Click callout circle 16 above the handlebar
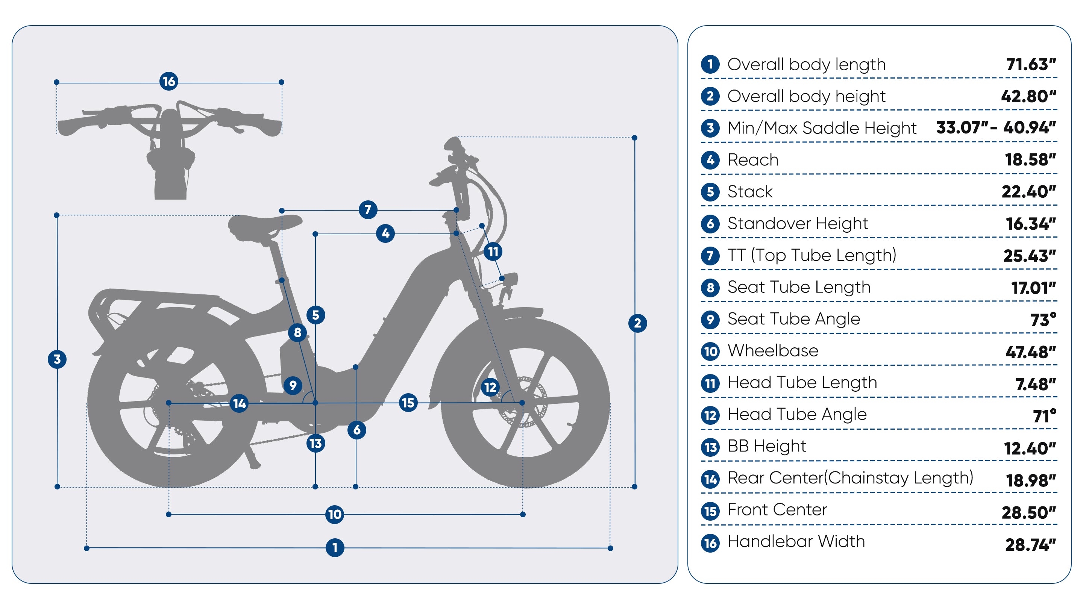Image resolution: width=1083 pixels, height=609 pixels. tap(168, 82)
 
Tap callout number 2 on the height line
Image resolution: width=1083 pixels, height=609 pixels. tap(637, 323)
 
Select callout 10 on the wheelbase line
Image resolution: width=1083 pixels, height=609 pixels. tap(335, 514)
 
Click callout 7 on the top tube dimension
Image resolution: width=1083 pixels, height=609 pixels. tap(368, 209)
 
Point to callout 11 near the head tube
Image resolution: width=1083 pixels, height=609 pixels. tap(493, 252)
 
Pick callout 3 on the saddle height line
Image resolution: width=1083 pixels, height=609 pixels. tap(57, 359)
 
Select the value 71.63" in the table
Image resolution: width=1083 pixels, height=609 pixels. tap(1031, 64)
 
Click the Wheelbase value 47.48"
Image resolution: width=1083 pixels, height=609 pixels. tap(1030, 352)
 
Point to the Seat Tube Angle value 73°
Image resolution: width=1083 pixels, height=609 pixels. tap(1043, 320)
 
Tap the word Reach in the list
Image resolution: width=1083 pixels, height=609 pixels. tap(753, 160)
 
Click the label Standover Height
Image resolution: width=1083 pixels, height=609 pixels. tap(798, 224)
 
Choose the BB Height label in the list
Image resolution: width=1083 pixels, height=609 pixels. tap(766, 446)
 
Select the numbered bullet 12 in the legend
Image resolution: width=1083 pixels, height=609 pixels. tap(710, 415)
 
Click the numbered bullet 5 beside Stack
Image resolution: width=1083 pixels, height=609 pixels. tap(710, 192)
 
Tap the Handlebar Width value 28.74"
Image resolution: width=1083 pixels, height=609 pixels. tap(1030, 545)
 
